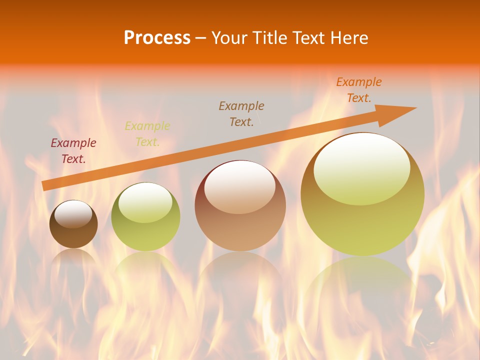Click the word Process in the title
[157, 38]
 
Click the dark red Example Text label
[73, 151]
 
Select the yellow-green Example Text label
[147, 134]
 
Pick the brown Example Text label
[241, 113]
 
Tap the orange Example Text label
[359, 90]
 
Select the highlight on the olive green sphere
[145, 202]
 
